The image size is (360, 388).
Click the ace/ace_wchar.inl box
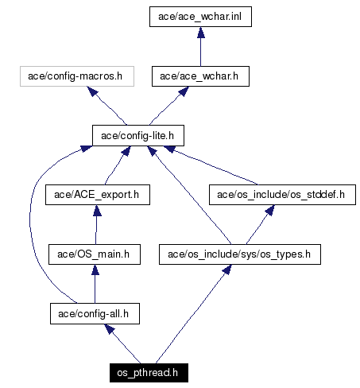[x=200, y=17]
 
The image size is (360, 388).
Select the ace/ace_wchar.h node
[x=200, y=76]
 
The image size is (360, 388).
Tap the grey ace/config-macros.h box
[x=77, y=76]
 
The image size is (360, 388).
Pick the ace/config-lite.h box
[x=138, y=135]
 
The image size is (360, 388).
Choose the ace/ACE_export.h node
[x=98, y=195]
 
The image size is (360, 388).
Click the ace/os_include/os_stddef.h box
[x=282, y=195]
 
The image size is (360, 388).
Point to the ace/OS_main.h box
[x=95, y=254]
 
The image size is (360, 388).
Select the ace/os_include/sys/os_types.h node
[x=240, y=254]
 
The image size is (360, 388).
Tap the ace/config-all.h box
[x=95, y=314]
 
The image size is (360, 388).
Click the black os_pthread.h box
[x=149, y=373]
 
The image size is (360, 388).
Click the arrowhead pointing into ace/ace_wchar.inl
[x=201, y=33]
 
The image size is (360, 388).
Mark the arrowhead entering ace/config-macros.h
[x=92, y=91]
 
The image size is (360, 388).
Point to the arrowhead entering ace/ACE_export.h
[x=97, y=211]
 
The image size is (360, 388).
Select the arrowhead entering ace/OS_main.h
[x=95, y=270]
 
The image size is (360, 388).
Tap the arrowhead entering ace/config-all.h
[x=110, y=329]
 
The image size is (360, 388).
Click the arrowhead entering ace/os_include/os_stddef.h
[x=270, y=210]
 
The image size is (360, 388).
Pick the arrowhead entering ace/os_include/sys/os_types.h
[x=227, y=270]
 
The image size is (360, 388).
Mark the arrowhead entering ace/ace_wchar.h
[x=184, y=91]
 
